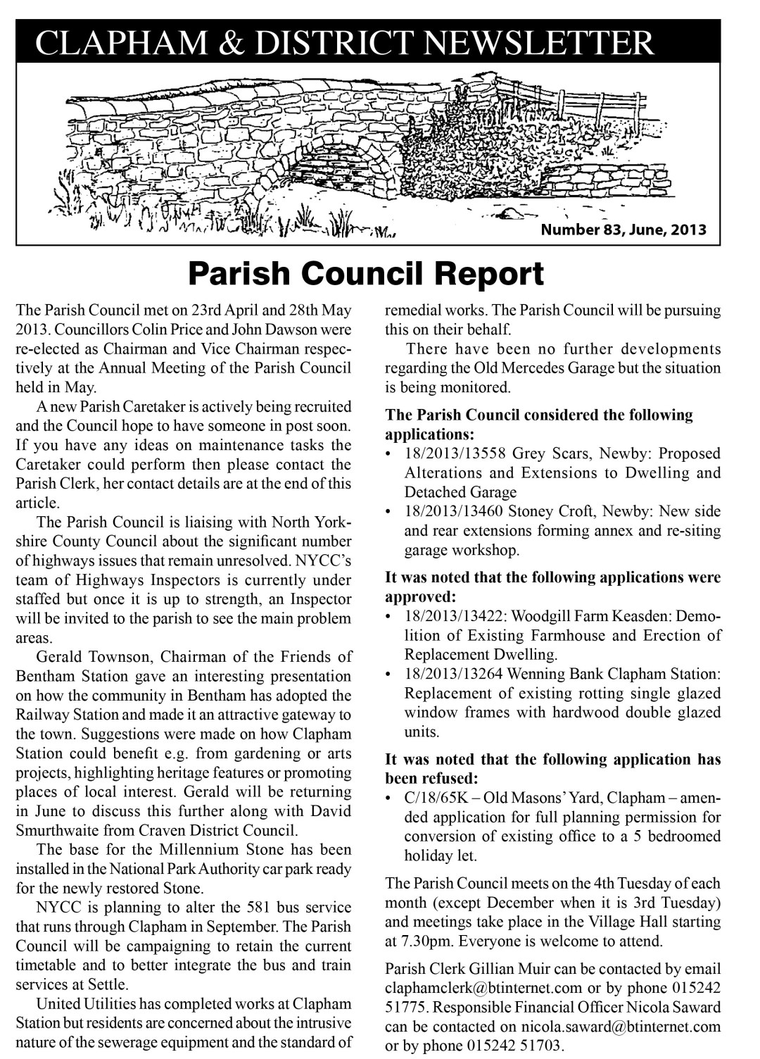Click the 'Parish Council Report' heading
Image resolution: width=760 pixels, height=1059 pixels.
click(366, 274)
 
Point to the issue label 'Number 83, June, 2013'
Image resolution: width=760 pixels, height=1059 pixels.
click(623, 230)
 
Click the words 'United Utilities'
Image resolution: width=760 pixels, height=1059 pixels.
click(81, 1003)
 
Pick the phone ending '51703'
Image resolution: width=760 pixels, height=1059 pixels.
click(543, 1046)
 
